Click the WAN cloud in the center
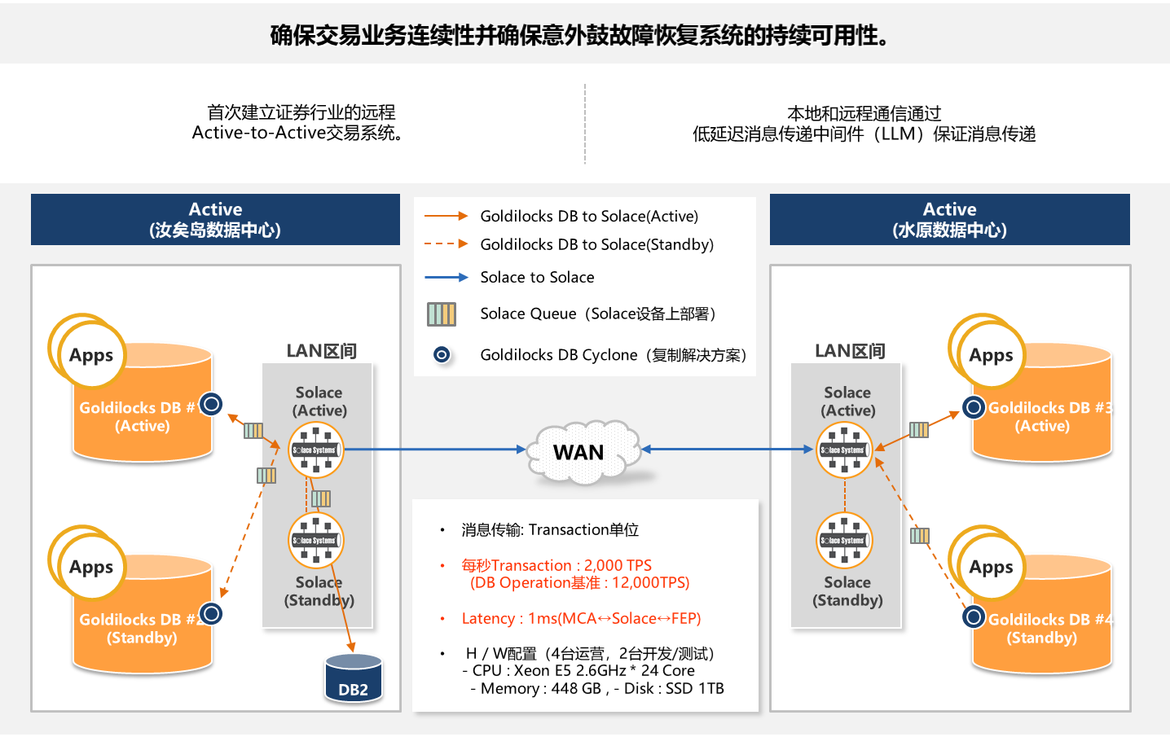tap(579, 452)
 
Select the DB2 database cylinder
tap(354, 678)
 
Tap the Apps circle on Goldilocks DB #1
tap(91, 355)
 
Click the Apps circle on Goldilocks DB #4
tap(991, 567)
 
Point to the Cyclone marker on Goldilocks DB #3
tap(973, 406)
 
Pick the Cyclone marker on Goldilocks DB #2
tap(211, 613)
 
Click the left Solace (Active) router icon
tap(316, 450)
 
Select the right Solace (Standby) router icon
tap(844, 540)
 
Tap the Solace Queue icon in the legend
tap(442, 314)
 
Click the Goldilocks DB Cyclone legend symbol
tap(442, 354)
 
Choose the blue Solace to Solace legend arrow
tap(446, 278)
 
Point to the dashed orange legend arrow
tap(446, 243)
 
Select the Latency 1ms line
tap(581, 618)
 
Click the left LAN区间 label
tap(321, 351)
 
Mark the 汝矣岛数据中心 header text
tap(215, 230)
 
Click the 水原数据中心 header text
tap(949, 230)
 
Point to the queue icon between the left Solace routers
tap(321, 498)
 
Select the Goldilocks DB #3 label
tap(1049, 408)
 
